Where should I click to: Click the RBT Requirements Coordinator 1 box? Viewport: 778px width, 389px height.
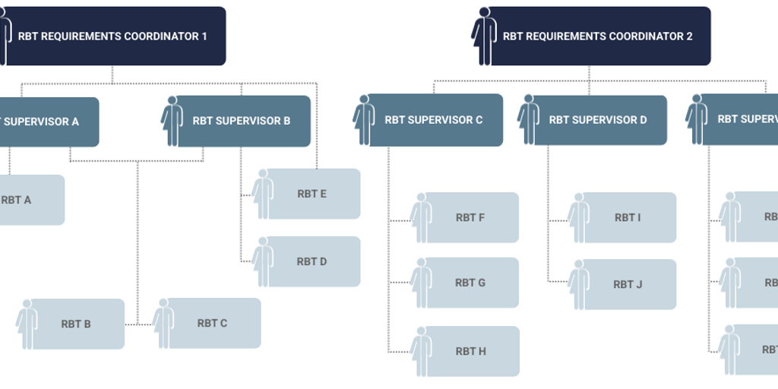(x=114, y=36)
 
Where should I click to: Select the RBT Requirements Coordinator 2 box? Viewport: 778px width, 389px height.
(x=597, y=36)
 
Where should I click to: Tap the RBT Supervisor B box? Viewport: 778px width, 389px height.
(x=242, y=121)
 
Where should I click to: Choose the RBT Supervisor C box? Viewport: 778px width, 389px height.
(x=434, y=120)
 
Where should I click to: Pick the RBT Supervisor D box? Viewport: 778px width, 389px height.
(x=598, y=120)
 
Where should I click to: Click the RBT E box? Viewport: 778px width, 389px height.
(x=312, y=194)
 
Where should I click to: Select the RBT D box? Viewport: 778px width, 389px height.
(x=312, y=261)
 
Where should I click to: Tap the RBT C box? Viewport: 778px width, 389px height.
(x=212, y=323)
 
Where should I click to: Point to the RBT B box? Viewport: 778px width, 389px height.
(x=76, y=324)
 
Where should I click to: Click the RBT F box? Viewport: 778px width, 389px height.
(x=470, y=217)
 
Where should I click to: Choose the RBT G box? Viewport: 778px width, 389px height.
(x=470, y=283)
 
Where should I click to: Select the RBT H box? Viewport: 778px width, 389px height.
(x=470, y=351)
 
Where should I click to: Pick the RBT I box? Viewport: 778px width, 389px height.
(x=628, y=217)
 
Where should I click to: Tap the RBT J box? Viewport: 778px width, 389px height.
(x=628, y=284)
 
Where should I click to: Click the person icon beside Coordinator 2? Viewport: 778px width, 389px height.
(x=483, y=36)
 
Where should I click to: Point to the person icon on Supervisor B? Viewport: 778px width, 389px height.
(x=172, y=121)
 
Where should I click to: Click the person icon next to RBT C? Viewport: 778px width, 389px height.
(x=163, y=323)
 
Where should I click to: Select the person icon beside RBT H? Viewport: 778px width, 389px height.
(x=421, y=351)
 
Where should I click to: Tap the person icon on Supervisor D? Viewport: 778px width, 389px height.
(x=529, y=120)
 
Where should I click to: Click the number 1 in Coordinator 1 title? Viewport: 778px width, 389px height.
(x=204, y=36)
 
